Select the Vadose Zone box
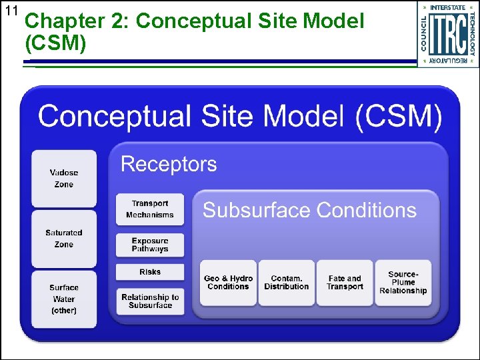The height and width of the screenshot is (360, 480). coord(64,178)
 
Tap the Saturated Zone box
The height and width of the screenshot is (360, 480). coord(64,239)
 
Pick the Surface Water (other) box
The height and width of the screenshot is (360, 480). coord(64,299)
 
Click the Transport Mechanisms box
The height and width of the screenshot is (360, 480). coord(150,209)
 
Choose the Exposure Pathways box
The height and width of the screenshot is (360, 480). coord(150,245)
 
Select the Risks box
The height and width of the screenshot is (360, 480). coord(150,272)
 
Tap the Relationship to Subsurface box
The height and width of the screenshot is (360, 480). coord(150,301)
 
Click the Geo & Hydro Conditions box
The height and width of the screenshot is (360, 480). coord(228,283)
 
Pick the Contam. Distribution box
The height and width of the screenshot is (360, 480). coord(286,283)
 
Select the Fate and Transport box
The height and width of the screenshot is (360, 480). coord(345,283)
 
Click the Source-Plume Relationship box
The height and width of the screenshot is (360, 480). coord(403,283)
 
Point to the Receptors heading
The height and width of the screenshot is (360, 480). coord(169,164)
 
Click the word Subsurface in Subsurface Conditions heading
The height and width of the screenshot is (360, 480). coord(257,211)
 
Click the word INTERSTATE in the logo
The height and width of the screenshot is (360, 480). coord(448,7)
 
